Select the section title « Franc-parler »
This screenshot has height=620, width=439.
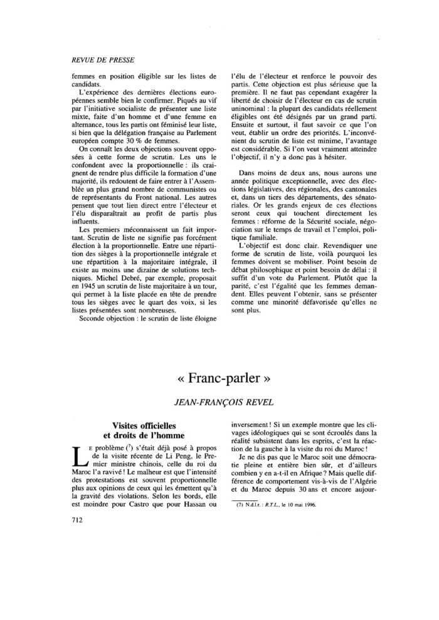click(x=218, y=379)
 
